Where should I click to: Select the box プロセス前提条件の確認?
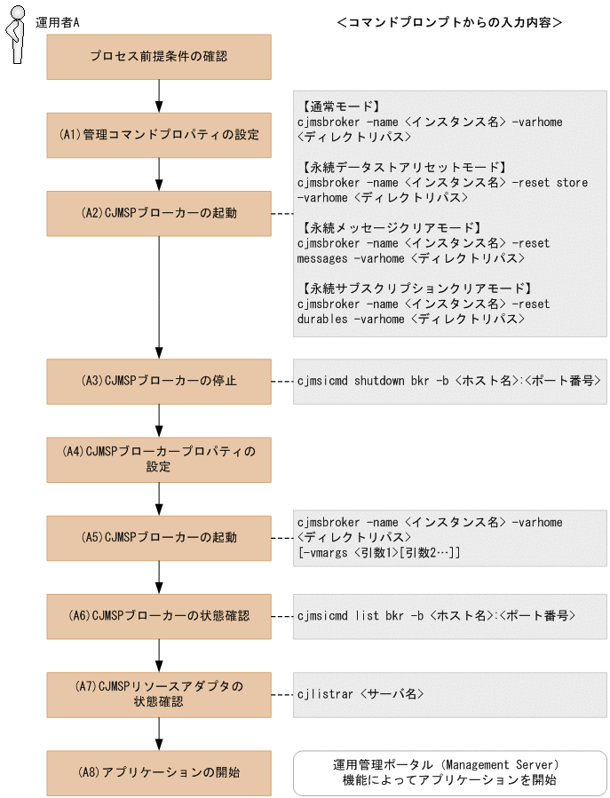point(158,57)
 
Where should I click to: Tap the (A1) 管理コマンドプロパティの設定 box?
point(158,135)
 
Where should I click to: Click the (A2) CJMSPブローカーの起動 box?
point(158,213)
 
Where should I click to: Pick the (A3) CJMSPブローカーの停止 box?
point(158,381)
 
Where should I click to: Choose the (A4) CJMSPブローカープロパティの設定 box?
point(158,459)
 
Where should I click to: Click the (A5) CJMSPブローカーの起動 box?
point(158,537)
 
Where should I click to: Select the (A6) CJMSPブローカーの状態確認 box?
point(158,615)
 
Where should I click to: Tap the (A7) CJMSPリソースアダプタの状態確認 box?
point(158,693)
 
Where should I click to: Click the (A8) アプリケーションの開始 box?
point(158,771)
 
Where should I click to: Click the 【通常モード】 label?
point(341,106)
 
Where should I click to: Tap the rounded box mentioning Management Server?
point(449,771)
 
